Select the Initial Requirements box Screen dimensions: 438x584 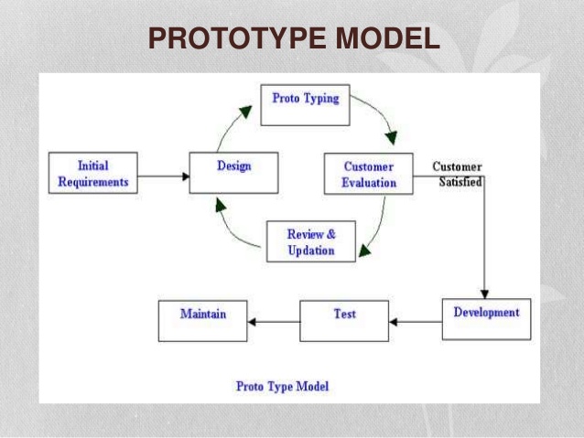[x=93, y=174]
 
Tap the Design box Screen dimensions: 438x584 [x=233, y=172]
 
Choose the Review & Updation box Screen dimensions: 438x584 [x=311, y=242]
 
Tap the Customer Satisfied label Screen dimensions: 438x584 [x=457, y=174]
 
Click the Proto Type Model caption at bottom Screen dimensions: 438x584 [x=282, y=387]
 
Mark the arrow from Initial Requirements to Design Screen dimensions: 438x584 [x=163, y=176]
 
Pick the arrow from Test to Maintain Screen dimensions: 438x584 [x=274, y=322]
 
